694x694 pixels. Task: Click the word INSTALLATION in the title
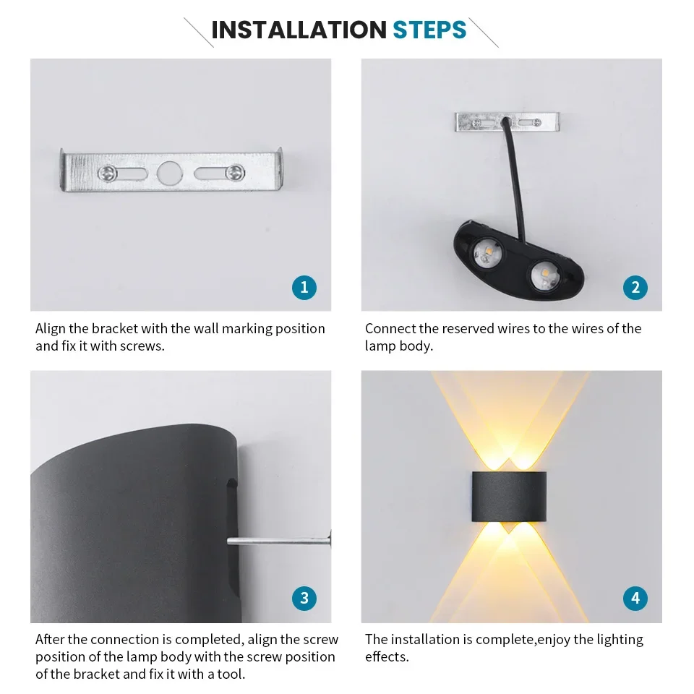pyautogui.click(x=299, y=30)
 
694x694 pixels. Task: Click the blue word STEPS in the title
pyautogui.click(x=429, y=30)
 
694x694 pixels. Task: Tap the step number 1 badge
pyautogui.click(x=304, y=288)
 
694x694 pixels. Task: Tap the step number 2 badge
pyautogui.click(x=635, y=288)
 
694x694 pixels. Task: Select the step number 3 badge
pyautogui.click(x=304, y=598)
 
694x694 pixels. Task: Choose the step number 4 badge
pyautogui.click(x=635, y=598)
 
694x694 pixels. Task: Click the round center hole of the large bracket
pyautogui.click(x=168, y=172)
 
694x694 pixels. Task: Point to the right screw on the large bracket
pyautogui.click(x=233, y=172)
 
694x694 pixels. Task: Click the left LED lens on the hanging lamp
pyautogui.click(x=481, y=254)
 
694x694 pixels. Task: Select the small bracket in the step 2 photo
pyautogui.click(x=507, y=122)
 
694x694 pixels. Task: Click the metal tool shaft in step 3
pyautogui.click(x=278, y=540)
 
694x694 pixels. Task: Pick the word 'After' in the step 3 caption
pyautogui.click(x=51, y=640)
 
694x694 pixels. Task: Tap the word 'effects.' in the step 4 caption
pyautogui.click(x=387, y=657)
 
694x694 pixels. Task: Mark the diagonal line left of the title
pyautogui.click(x=198, y=32)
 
